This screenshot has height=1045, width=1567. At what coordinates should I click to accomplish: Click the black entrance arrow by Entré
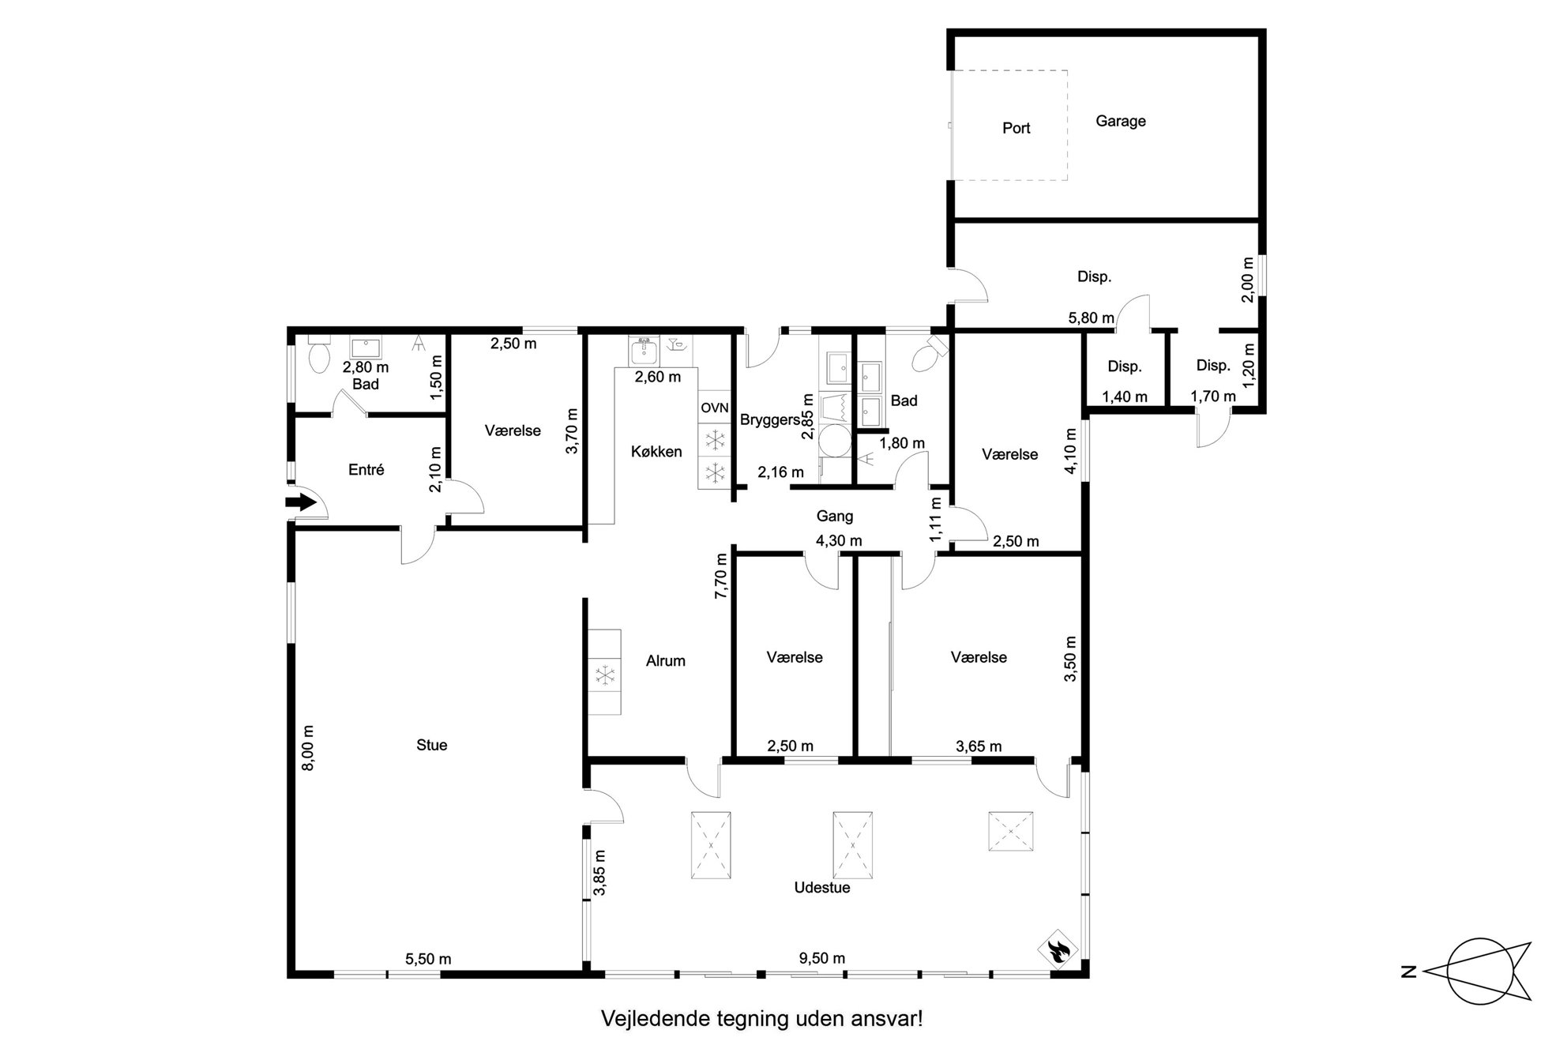[301, 502]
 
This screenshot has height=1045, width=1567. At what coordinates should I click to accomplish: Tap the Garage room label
[1120, 121]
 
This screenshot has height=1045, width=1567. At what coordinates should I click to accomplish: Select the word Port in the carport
[1016, 128]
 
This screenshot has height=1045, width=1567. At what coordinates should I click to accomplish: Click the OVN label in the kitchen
[714, 408]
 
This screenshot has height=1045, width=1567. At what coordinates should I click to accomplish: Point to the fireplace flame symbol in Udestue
[1058, 950]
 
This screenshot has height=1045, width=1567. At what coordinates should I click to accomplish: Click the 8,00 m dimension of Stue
[308, 747]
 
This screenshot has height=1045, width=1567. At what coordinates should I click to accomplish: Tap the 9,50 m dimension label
[821, 958]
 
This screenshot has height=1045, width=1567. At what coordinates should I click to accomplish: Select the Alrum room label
[665, 661]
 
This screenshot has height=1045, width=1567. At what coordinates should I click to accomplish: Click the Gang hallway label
[835, 516]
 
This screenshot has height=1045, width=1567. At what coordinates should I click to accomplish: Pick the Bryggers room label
[770, 419]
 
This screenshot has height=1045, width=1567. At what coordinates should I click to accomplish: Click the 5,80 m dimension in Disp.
[1091, 318]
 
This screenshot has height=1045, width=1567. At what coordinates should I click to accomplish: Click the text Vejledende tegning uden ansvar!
[762, 1018]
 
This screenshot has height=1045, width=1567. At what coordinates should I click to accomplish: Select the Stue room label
[431, 745]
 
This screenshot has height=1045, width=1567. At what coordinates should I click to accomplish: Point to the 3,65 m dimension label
[979, 746]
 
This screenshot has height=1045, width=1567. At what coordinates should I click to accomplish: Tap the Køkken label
[656, 452]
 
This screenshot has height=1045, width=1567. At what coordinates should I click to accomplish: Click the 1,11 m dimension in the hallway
[936, 519]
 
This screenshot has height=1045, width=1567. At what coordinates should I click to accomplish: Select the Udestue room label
[822, 888]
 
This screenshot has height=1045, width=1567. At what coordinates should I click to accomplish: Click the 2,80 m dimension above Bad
[365, 367]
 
